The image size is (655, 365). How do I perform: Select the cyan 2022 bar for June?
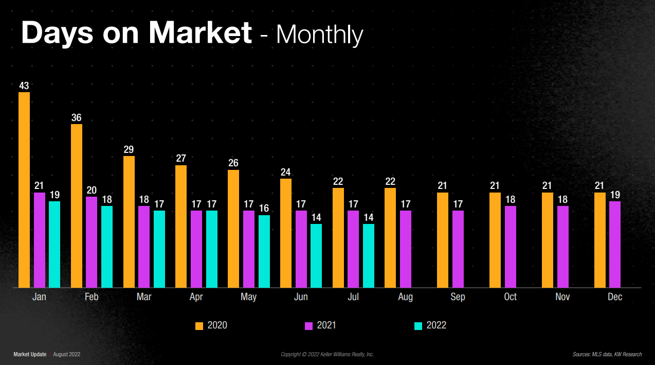pyautogui.click(x=316, y=255)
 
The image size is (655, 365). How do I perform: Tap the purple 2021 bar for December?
pyautogui.click(x=615, y=244)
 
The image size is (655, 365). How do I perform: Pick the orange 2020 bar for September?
pyautogui.click(x=443, y=240)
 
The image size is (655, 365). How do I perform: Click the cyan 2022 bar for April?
pyautogui.click(x=212, y=249)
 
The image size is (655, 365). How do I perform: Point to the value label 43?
pyautogui.click(x=24, y=86)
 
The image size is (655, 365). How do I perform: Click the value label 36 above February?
pyautogui.click(x=77, y=118)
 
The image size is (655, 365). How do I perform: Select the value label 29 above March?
pyautogui.click(x=129, y=150)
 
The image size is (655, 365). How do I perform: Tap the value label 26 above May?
pyautogui.click(x=233, y=163)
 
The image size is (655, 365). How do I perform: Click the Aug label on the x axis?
pyautogui.click(x=405, y=297)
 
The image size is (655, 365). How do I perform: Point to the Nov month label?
pyautogui.click(x=562, y=297)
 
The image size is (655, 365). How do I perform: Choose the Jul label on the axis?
pyautogui.click(x=353, y=297)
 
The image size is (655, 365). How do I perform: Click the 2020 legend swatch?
pyautogui.click(x=199, y=326)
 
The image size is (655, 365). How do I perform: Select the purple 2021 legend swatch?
pyautogui.click(x=309, y=326)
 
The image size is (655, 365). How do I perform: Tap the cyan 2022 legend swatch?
pyautogui.click(x=419, y=326)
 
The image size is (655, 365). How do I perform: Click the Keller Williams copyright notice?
pyautogui.click(x=327, y=354)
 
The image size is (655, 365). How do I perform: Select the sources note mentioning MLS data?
pyautogui.click(x=607, y=354)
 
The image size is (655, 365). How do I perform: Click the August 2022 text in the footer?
pyautogui.click(x=67, y=354)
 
